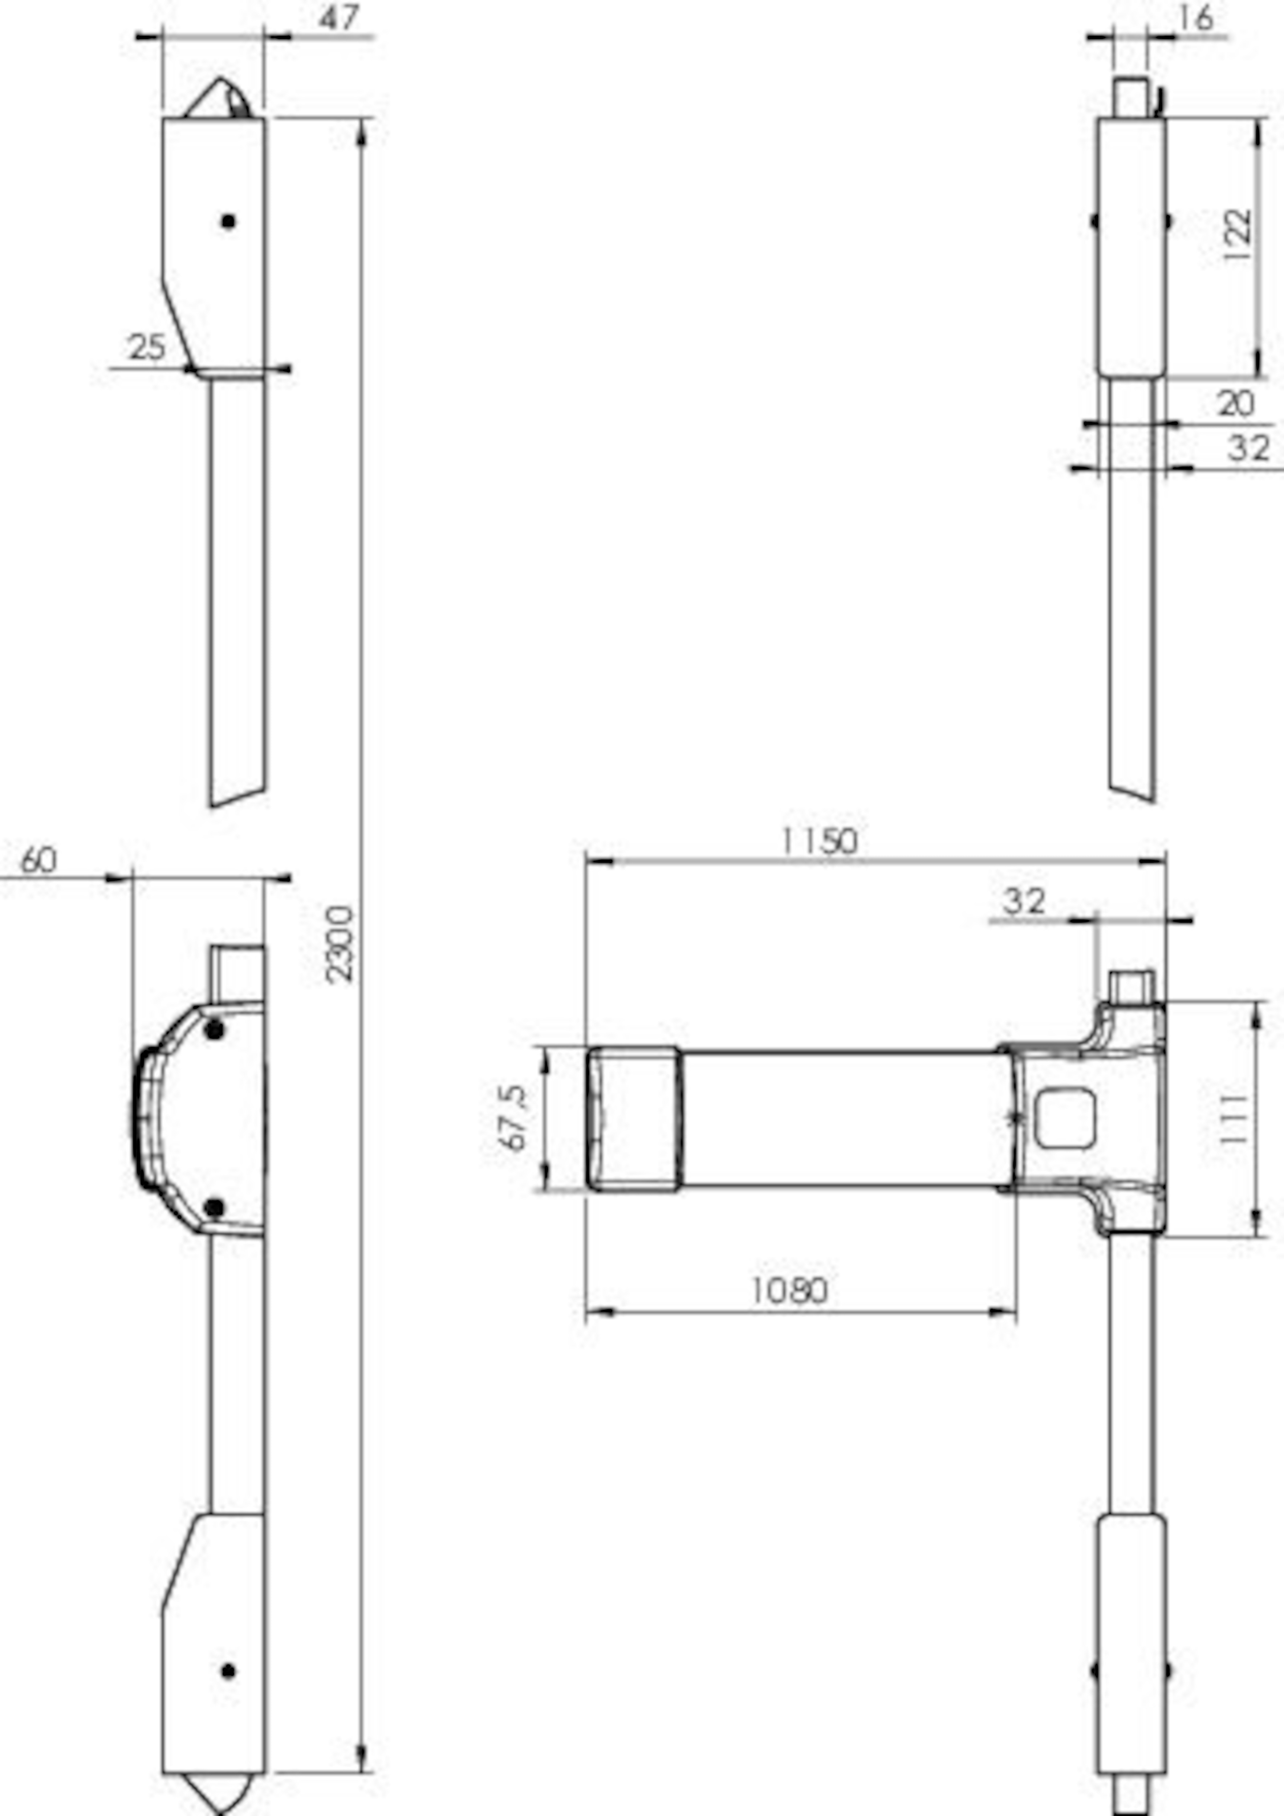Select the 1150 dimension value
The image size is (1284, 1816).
point(819,841)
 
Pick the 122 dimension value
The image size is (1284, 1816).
point(1236,235)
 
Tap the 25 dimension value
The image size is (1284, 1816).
point(147,347)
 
